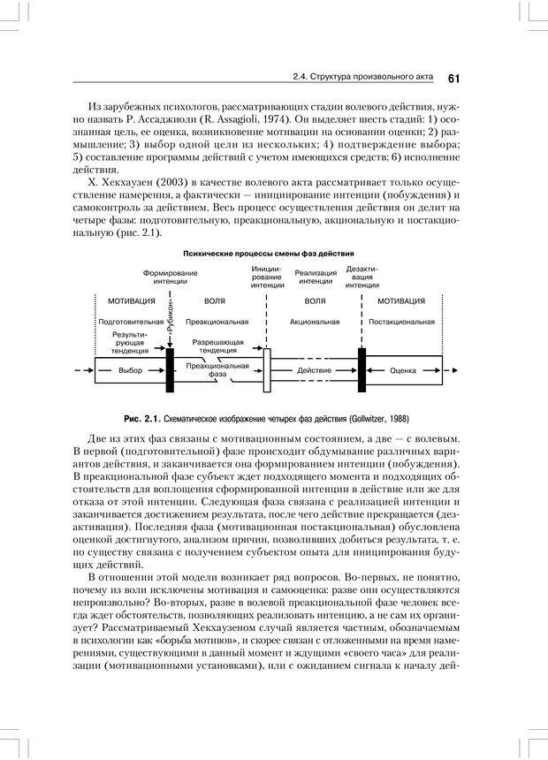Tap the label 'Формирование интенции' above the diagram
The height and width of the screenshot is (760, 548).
[x=171, y=277]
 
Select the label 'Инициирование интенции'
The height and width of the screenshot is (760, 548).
[x=267, y=277]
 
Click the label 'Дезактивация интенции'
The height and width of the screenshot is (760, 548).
[x=362, y=277]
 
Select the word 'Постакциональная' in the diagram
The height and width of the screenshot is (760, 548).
[x=402, y=322]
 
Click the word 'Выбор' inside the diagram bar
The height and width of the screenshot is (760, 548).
[x=130, y=370]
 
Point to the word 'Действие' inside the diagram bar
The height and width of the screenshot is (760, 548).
[x=315, y=370]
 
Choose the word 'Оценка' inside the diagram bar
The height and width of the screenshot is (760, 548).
[x=403, y=370]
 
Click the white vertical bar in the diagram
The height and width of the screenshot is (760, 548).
[x=266, y=369]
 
